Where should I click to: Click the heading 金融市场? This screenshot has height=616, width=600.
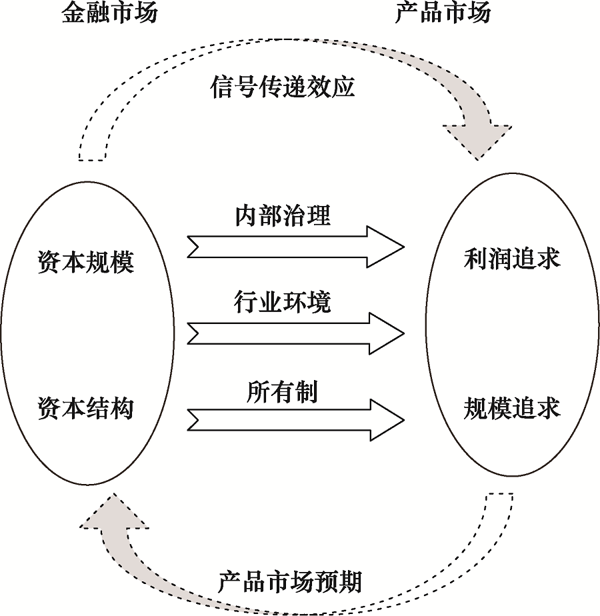tap(110, 14)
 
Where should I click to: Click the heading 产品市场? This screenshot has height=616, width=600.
tap(443, 14)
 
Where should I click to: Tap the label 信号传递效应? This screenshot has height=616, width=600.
tap(283, 87)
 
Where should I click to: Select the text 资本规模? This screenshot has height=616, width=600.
tap(85, 262)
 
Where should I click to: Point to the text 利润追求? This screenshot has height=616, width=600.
tap(512, 259)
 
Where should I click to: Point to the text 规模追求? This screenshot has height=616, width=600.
tap(512, 408)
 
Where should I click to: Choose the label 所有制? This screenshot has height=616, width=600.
tap(282, 392)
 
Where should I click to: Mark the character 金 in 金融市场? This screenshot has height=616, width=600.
tap(74, 14)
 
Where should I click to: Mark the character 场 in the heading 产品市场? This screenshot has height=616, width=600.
tap(479, 14)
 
